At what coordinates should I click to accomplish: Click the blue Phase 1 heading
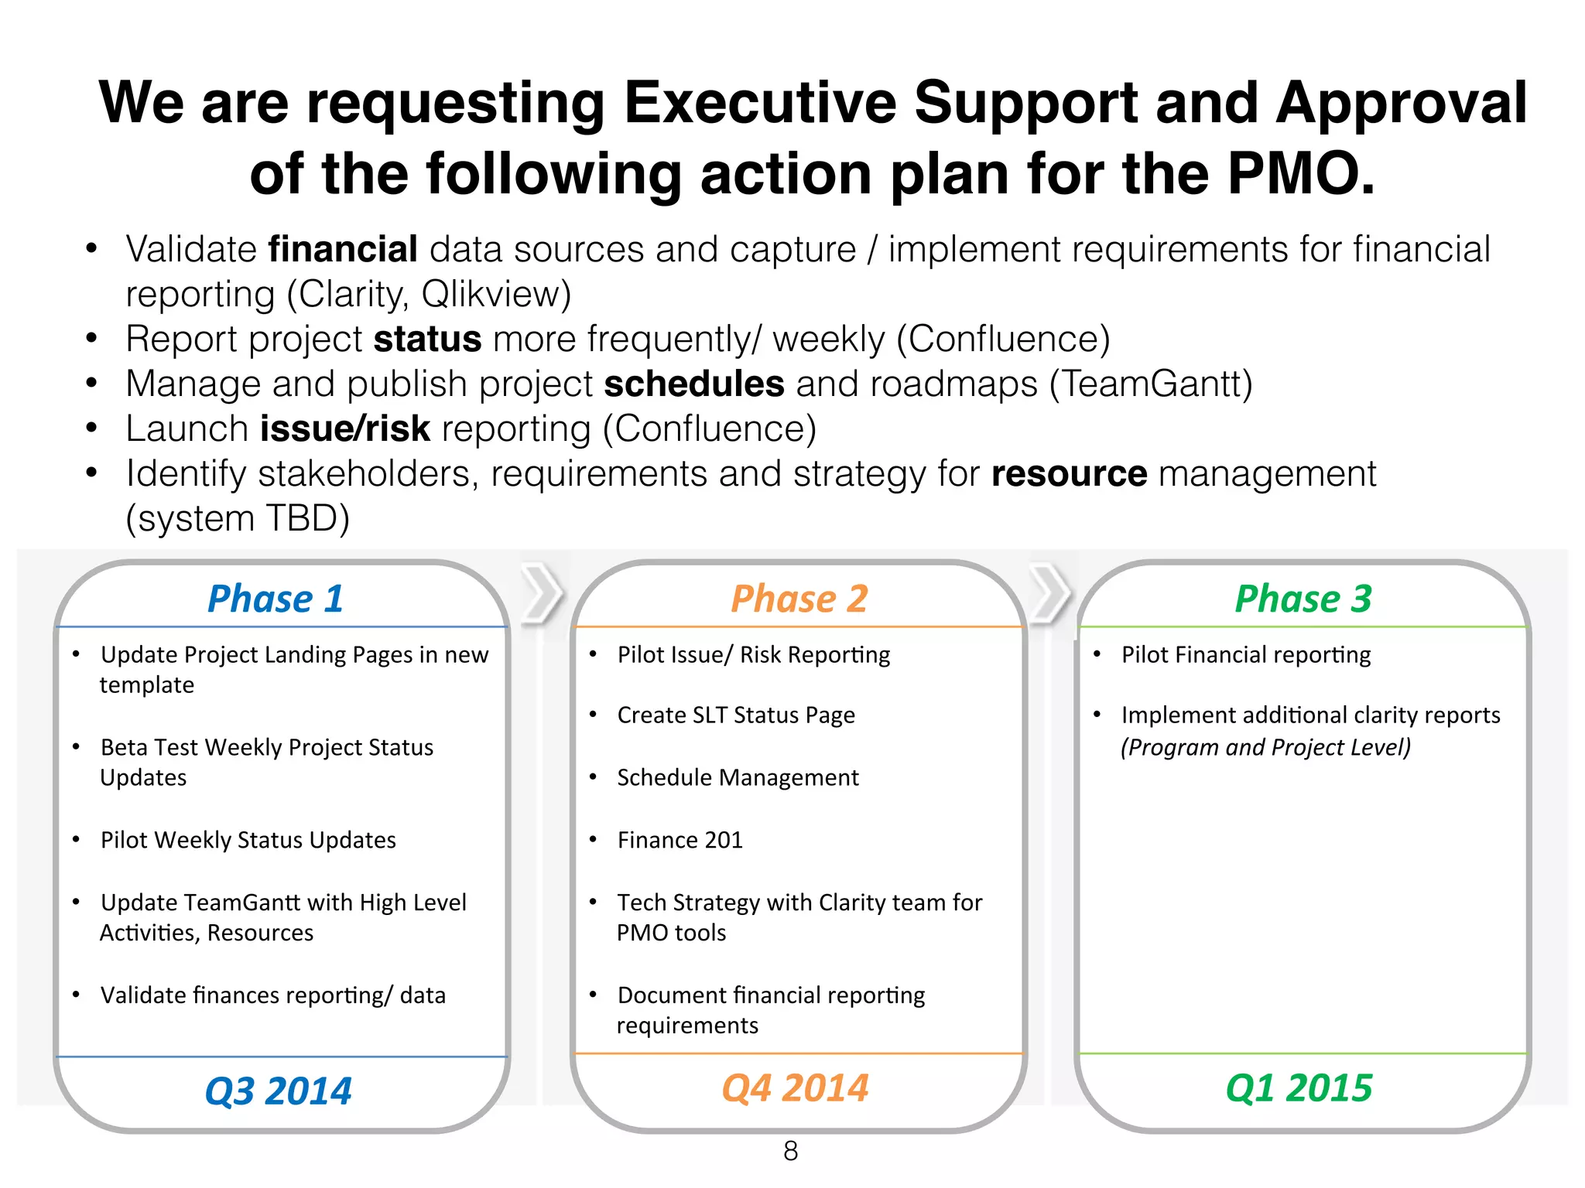(x=276, y=599)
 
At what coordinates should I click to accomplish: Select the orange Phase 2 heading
(x=799, y=599)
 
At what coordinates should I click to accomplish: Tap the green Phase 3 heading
(x=1303, y=599)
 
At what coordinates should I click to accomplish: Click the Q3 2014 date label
(x=279, y=1091)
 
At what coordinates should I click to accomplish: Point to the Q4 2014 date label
(x=795, y=1087)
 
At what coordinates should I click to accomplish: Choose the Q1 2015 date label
(x=1299, y=1087)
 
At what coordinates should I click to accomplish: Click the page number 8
(x=790, y=1151)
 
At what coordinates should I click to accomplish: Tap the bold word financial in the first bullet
(x=343, y=250)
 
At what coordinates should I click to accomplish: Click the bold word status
(x=427, y=340)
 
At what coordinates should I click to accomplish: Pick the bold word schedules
(x=694, y=384)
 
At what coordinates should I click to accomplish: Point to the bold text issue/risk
(x=345, y=429)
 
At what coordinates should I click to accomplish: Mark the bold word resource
(x=1069, y=474)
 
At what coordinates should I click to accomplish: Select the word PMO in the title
(x=1300, y=174)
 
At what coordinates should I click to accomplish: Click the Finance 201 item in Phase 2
(x=680, y=840)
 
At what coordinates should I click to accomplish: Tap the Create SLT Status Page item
(x=736, y=715)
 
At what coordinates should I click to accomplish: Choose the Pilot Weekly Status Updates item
(x=248, y=840)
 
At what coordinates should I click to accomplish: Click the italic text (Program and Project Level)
(x=1265, y=747)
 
